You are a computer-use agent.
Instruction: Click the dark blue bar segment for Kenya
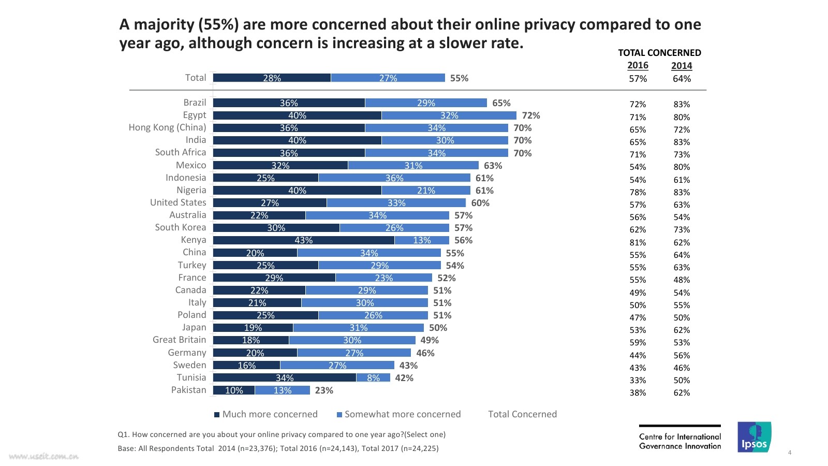click(x=304, y=240)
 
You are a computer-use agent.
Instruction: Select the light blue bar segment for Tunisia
click(x=373, y=378)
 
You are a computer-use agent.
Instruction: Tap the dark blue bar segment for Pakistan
click(x=234, y=390)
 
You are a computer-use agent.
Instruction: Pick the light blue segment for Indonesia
click(x=394, y=178)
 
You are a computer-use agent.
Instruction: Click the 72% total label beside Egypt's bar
click(x=531, y=115)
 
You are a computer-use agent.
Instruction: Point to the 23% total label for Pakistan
click(x=324, y=390)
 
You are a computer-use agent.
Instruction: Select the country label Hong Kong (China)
click(x=167, y=127)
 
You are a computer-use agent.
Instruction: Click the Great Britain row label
click(x=179, y=340)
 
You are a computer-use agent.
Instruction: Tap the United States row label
click(x=178, y=202)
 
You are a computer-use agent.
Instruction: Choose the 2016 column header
click(x=638, y=65)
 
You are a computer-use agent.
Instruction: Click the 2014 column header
click(x=682, y=66)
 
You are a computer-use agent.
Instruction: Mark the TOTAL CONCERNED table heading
click(x=659, y=53)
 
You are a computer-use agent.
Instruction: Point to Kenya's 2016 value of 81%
click(x=638, y=242)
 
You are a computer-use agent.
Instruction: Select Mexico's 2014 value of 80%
click(x=682, y=167)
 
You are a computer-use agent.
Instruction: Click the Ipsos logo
click(x=754, y=438)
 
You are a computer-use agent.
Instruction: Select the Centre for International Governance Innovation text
click(x=679, y=441)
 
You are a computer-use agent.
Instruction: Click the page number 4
click(x=790, y=453)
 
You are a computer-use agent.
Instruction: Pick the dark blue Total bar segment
click(x=272, y=78)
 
